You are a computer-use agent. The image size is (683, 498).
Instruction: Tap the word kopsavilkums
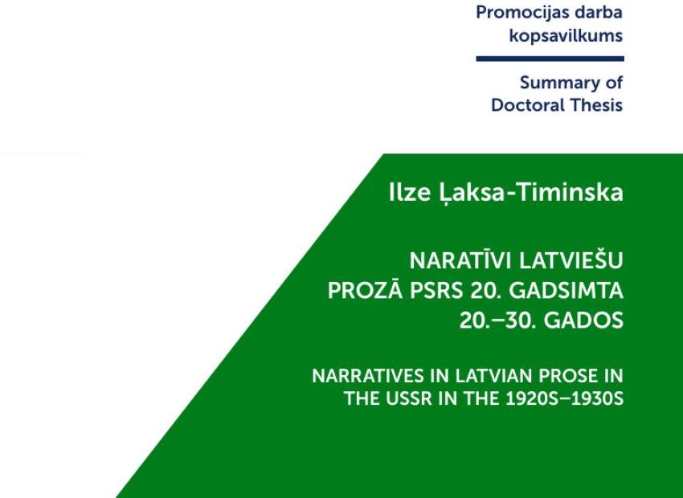pyautogui.click(x=566, y=35)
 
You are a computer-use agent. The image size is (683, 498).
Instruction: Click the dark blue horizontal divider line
pyautogui.click(x=550, y=59)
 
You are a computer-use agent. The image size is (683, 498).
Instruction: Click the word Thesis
pyautogui.click(x=596, y=105)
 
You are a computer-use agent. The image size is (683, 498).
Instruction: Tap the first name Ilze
pyautogui.click(x=410, y=192)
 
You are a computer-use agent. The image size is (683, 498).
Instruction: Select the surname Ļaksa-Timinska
pyautogui.click(x=530, y=193)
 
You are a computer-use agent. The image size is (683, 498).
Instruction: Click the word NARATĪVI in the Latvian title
pyautogui.click(x=461, y=260)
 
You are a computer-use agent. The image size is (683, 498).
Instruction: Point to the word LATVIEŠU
pyautogui.click(x=571, y=260)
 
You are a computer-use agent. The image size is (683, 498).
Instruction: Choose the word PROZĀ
pyautogui.click(x=365, y=290)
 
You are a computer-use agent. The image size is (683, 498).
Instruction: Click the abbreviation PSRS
pyautogui.click(x=436, y=290)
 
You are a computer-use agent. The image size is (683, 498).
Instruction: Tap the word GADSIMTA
pyautogui.click(x=566, y=290)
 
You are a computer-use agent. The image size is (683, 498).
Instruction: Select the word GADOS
pyautogui.click(x=583, y=320)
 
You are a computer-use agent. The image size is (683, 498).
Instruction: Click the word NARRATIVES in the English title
pyautogui.click(x=369, y=376)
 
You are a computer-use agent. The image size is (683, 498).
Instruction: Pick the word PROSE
pyautogui.click(x=568, y=376)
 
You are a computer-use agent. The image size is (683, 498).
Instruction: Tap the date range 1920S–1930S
pyautogui.click(x=565, y=398)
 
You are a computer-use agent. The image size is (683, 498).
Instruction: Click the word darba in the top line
pyautogui.click(x=598, y=12)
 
